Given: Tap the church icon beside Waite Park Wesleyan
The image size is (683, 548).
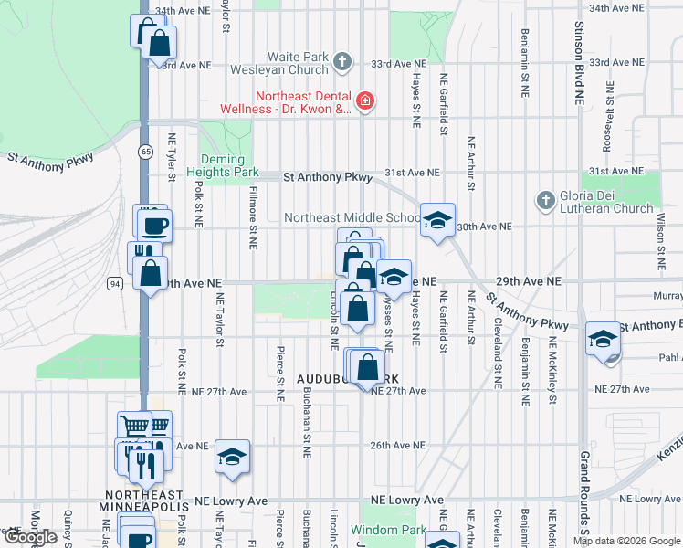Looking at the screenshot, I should click(342, 62).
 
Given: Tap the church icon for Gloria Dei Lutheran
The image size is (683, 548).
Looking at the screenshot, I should click(545, 199).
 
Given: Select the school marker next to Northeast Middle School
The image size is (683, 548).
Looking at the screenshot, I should click(437, 220).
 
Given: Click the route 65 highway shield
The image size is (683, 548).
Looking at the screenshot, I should click(145, 151).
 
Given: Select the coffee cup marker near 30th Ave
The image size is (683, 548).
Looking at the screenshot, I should click(153, 225).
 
